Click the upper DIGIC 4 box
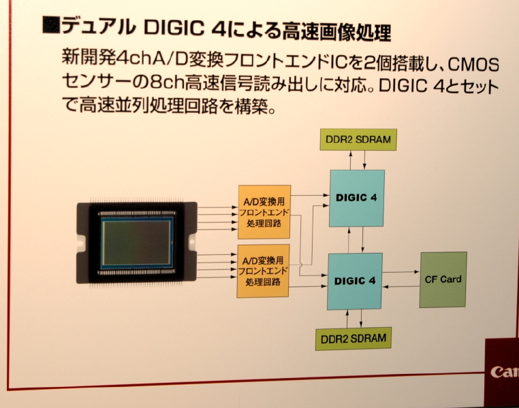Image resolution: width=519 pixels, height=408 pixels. click(356, 198)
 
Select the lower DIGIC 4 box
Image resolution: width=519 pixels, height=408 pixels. click(355, 279)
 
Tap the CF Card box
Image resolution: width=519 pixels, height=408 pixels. click(443, 279)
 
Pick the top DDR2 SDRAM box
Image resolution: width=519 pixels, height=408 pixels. click(358, 139)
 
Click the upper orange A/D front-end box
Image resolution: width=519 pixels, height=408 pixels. click(264, 211)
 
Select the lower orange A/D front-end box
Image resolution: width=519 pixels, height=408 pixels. click(264, 270)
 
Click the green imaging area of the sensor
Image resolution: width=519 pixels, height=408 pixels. click(137, 243)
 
